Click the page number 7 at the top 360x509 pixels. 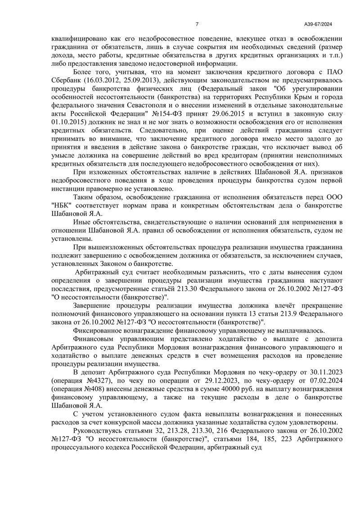[x=197, y=24]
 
